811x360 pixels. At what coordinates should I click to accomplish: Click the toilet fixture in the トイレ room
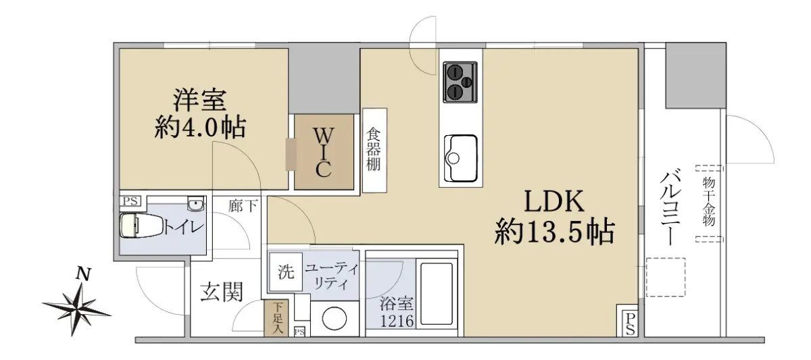click(x=141, y=226)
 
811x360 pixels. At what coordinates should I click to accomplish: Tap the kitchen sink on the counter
click(x=460, y=158)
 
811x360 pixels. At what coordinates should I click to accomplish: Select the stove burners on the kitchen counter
click(x=460, y=82)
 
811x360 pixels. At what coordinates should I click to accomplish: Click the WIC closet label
click(x=323, y=153)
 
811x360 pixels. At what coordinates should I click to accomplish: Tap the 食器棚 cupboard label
click(x=374, y=149)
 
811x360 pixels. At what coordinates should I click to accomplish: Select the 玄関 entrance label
click(x=222, y=292)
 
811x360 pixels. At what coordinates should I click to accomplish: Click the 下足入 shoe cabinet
click(x=276, y=318)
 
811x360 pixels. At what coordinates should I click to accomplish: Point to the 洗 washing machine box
click(x=286, y=272)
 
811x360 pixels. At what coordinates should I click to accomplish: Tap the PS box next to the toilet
click(x=130, y=201)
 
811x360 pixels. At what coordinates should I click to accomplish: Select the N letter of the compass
click(x=83, y=275)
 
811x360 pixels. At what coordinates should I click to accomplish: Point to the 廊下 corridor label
click(x=243, y=206)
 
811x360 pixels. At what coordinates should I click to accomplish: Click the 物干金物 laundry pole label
click(x=709, y=201)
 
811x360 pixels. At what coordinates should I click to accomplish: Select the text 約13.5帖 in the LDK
click(x=555, y=231)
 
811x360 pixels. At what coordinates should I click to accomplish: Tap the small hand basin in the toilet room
click(x=196, y=204)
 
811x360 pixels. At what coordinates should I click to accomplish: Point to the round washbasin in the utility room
click(x=334, y=319)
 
